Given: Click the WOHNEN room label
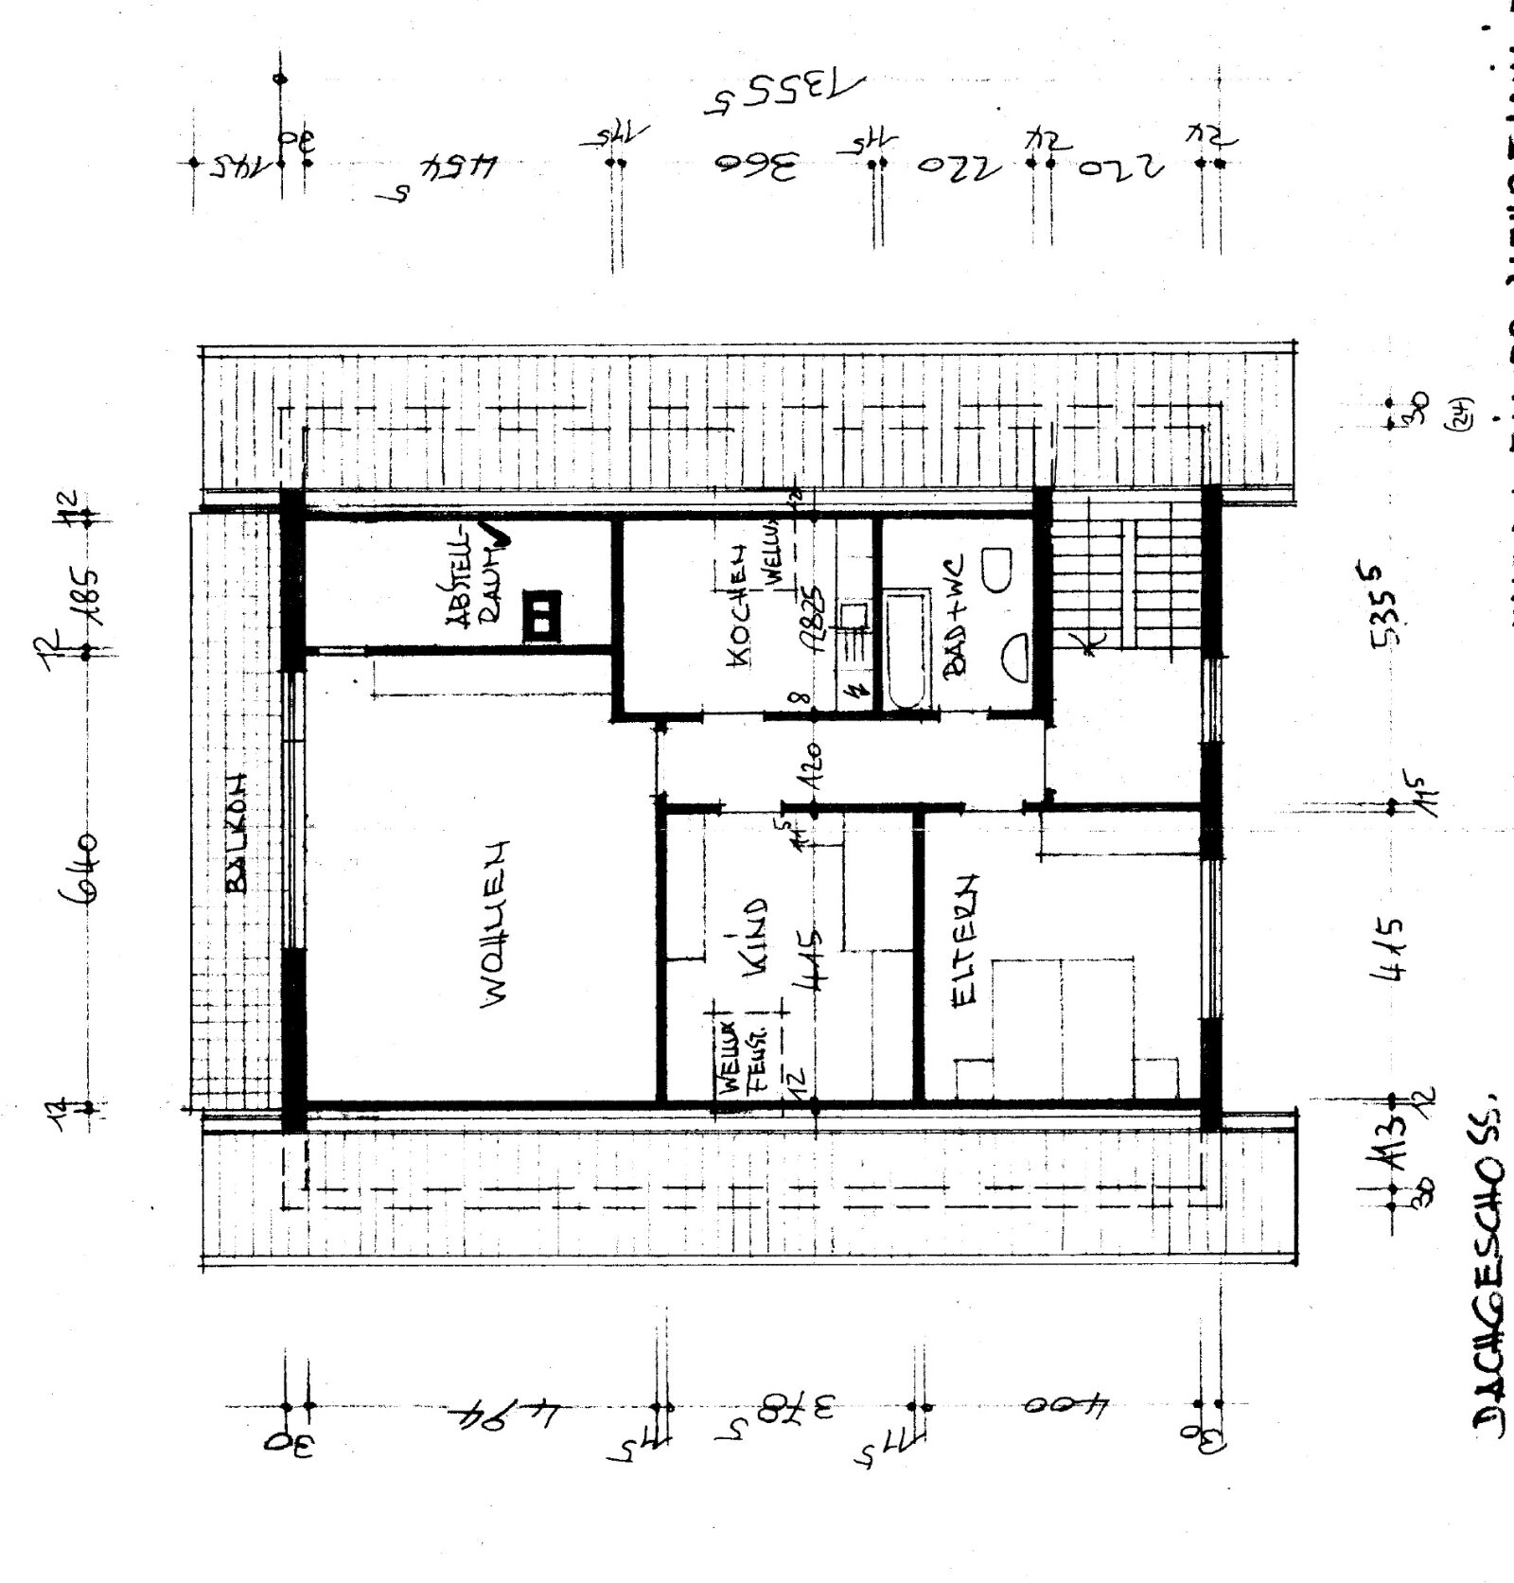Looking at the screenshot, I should (494, 924).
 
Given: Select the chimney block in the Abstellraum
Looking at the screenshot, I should (541, 615).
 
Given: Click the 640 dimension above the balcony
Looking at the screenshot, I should (83, 869).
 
